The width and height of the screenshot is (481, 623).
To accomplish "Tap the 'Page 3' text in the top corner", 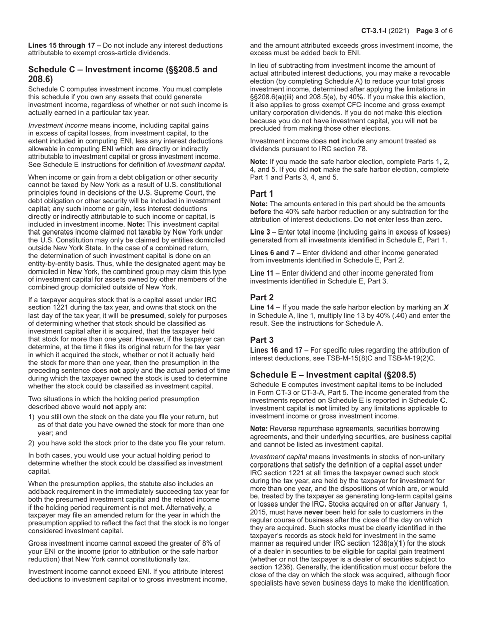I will pos(428,31).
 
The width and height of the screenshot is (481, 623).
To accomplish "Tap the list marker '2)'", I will pos(32,443).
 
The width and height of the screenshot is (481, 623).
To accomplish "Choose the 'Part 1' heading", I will pos(262,193).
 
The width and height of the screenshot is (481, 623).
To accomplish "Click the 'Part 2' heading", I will pos(262,297).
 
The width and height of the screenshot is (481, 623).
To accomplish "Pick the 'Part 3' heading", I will pos(262,340).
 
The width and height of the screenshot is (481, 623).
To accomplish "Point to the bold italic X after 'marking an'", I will pos(446,307).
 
